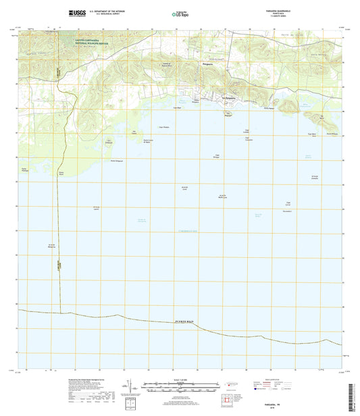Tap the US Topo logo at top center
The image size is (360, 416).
pos(180,13)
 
